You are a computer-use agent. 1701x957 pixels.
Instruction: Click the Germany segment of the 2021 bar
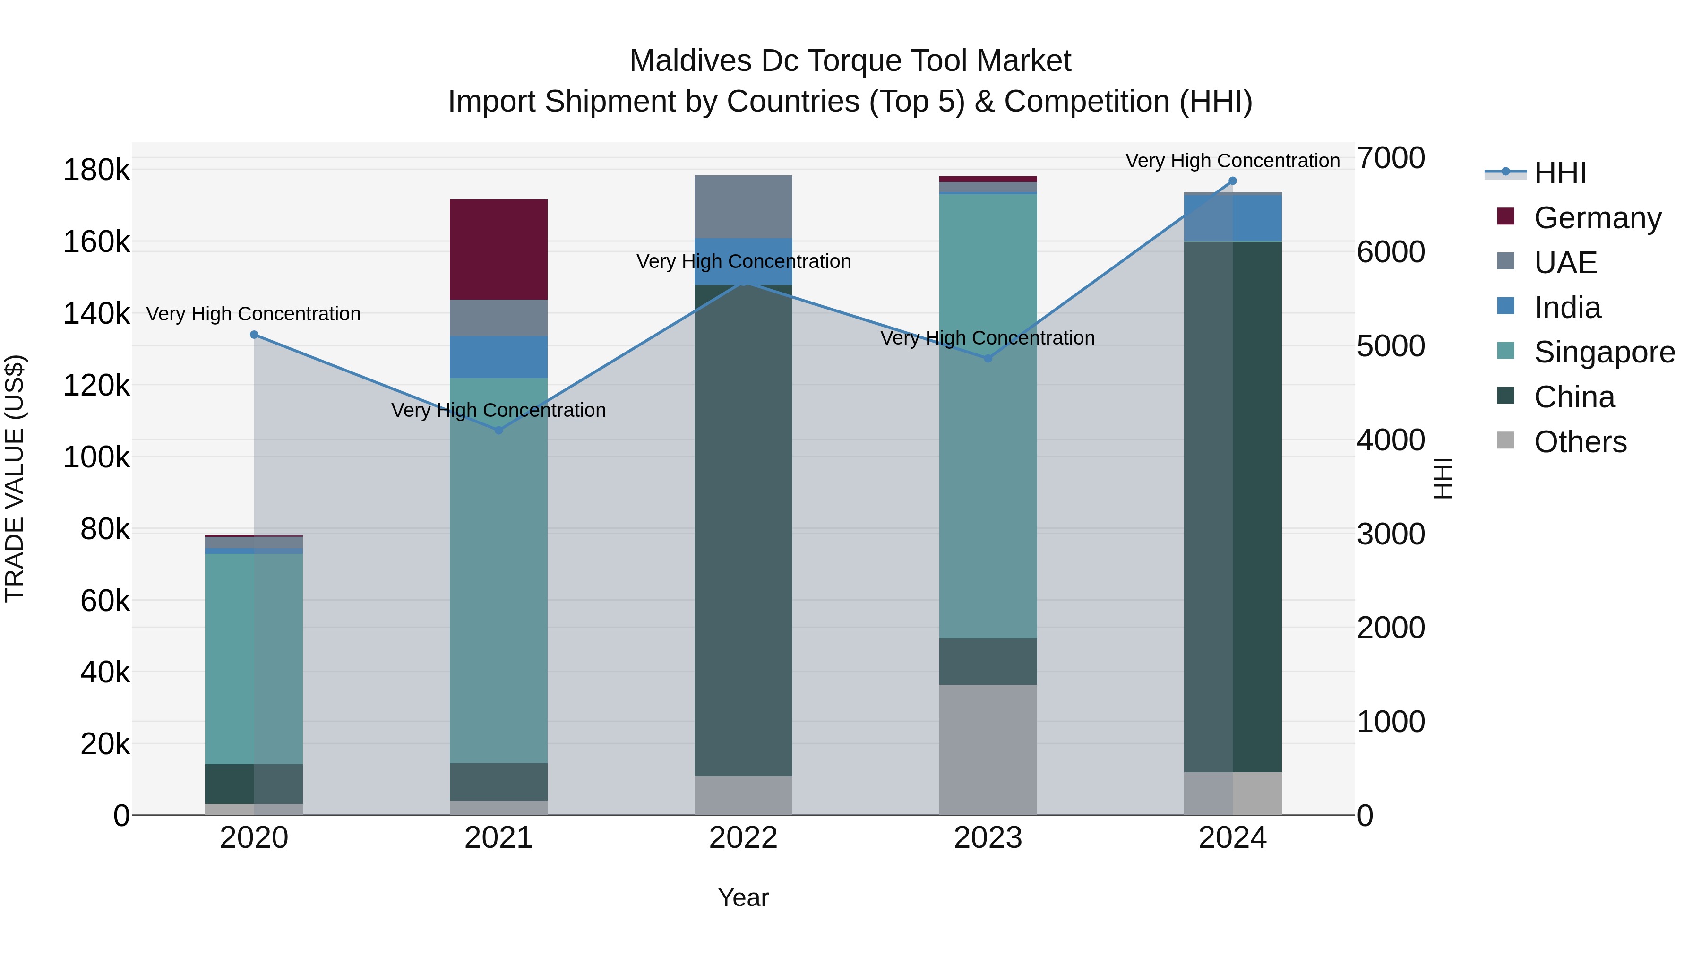click(498, 249)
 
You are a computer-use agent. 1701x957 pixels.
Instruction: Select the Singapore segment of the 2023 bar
click(988, 416)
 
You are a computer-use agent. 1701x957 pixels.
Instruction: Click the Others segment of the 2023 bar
click(988, 750)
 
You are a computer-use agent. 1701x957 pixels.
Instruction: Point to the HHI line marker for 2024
click(1232, 181)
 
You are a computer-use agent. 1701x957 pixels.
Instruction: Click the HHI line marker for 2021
click(498, 430)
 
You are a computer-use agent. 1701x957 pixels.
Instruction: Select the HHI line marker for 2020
click(254, 335)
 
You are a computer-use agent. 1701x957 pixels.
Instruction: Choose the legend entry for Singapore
click(1604, 352)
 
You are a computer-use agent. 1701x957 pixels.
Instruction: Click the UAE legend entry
click(1565, 263)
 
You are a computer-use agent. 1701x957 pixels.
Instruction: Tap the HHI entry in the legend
click(1560, 173)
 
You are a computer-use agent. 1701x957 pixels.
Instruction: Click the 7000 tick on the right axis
click(1391, 158)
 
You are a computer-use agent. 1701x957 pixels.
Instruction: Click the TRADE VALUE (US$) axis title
click(15, 478)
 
